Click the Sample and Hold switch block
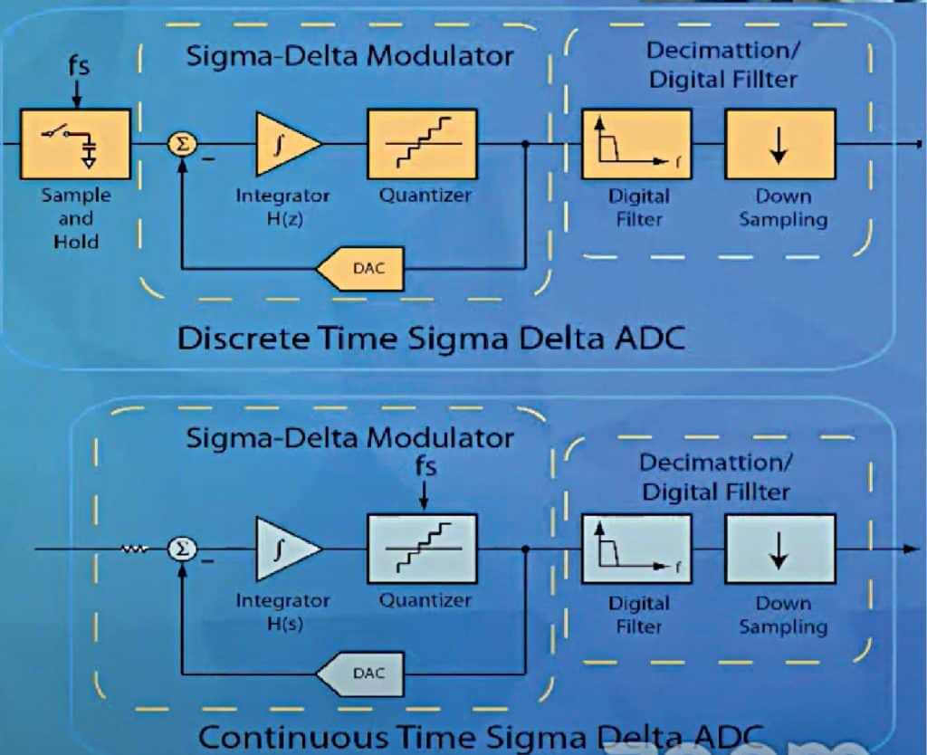pyautogui.click(x=75, y=144)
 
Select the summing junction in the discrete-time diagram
pyautogui.click(x=182, y=144)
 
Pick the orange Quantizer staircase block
pyautogui.click(x=422, y=144)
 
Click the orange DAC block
pyautogui.click(x=360, y=269)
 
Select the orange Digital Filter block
pyautogui.click(x=636, y=144)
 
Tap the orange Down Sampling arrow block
pyautogui.click(x=779, y=144)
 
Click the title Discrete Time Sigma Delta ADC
pyautogui.click(x=430, y=339)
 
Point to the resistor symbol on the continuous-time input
pyautogui.click(x=135, y=549)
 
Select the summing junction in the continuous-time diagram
pyautogui.click(x=182, y=550)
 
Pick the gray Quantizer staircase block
pyautogui.click(x=422, y=550)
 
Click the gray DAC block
pyautogui.click(x=360, y=674)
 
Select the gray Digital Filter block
pyautogui.click(x=636, y=550)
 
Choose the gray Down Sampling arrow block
pyautogui.click(x=779, y=550)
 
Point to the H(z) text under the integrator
pyautogui.click(x=283, y=218)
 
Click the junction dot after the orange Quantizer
pyautogui.click(x=526, y=144)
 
